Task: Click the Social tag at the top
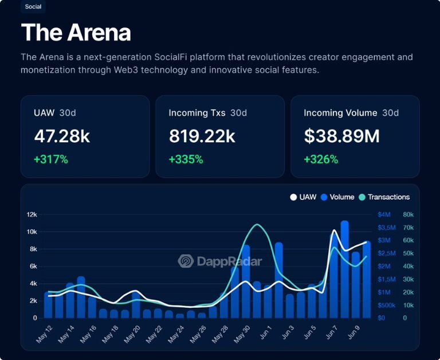point(33,7)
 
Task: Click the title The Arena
point(76,33)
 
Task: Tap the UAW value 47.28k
point(62,136)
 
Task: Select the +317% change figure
point(51,159)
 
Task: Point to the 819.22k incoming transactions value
point(202,136)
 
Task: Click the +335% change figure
point(186,159)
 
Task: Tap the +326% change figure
point(321,159)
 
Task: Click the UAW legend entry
point(303,197)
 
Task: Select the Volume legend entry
point(337,197)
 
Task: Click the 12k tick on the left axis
point(32,215)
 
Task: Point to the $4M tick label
point(384,215)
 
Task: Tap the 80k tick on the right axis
point(408,215)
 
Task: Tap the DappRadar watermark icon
point(186,261)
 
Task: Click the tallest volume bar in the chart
point(344,269)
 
